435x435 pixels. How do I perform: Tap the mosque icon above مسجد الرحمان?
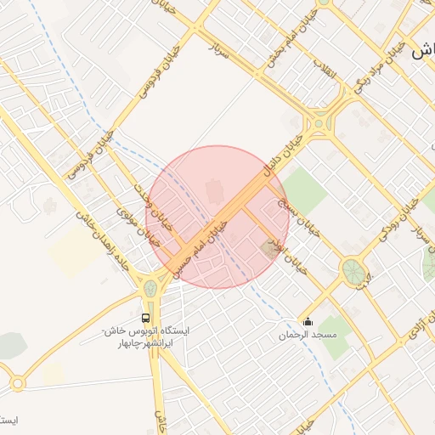click(308, 321)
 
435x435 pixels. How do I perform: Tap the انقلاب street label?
click(325, 70)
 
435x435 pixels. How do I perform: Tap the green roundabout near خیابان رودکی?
click(351, 271)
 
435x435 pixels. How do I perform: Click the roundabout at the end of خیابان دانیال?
click(319, 125)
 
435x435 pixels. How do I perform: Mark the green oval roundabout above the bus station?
click(151, 288)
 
